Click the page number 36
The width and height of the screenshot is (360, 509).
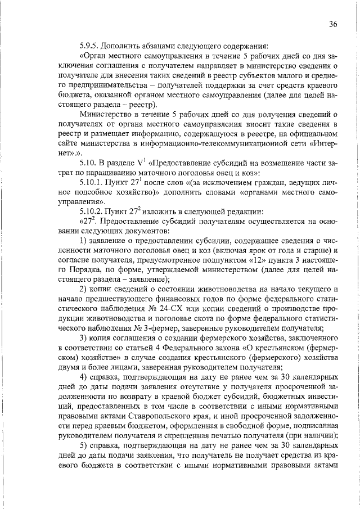333,24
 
